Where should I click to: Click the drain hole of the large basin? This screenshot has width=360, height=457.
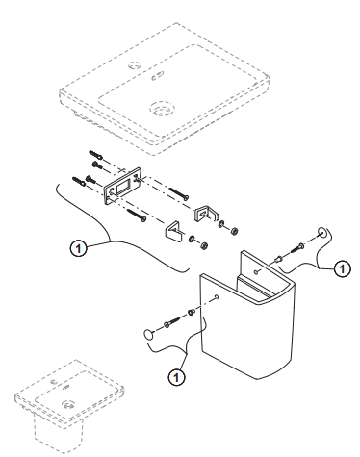point(163,109)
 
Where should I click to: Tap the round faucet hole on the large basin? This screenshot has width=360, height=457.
point(135,65)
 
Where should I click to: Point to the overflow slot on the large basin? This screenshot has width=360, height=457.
point(157,76)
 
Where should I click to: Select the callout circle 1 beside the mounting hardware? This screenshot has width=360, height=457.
point(78,248)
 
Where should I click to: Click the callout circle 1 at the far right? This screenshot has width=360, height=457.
point(343,268)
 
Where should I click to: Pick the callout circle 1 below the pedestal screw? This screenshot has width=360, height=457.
point(176,377)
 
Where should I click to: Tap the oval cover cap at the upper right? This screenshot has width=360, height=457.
point(322,232)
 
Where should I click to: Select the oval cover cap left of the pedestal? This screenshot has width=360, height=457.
point(148,334)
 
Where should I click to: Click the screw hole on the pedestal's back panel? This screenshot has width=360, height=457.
point(256,272)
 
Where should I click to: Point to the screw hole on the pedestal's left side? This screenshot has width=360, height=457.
point(217,296)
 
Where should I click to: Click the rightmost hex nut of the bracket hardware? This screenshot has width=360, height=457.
point(234,230)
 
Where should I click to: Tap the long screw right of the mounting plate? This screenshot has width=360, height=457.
point(178,193)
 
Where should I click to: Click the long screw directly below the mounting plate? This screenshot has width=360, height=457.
point(137,215)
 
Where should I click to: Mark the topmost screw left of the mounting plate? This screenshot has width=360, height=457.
point(95,155)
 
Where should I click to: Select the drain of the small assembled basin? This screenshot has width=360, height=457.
point(68,404)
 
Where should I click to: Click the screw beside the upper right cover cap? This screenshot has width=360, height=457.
point(297,248)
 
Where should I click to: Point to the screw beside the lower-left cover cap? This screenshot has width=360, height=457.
point(172,322)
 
